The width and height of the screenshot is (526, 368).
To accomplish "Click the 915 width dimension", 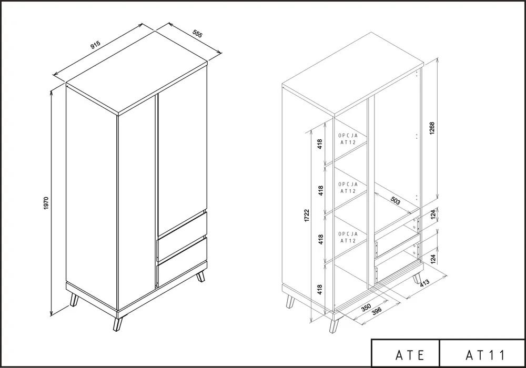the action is [96, 45].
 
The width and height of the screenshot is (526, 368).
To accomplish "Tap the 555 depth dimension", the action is [198, 34].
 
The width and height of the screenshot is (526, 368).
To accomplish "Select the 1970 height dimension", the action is [46, 203].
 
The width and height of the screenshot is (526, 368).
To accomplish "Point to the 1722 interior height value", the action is [307, 216].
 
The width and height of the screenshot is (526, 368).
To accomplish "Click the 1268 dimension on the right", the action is [432, 128].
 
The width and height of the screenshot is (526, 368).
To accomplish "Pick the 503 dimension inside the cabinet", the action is [396, 200].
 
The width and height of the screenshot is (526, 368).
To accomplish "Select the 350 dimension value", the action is [366, 308].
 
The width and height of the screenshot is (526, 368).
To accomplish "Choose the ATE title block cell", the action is [405, 353].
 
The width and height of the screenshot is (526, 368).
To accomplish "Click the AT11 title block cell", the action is [482, 353].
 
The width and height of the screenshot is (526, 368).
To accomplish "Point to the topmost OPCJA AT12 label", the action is [348, 139].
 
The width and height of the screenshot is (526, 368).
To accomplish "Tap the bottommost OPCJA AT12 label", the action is [348, 237].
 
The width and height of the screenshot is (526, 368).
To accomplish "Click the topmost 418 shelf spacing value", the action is [320, 144].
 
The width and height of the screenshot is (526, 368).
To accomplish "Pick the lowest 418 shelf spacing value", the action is [320, 289].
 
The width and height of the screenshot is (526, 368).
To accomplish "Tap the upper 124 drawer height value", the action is [433, 214].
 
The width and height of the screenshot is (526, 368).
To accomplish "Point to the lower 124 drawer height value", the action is [433, 259].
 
